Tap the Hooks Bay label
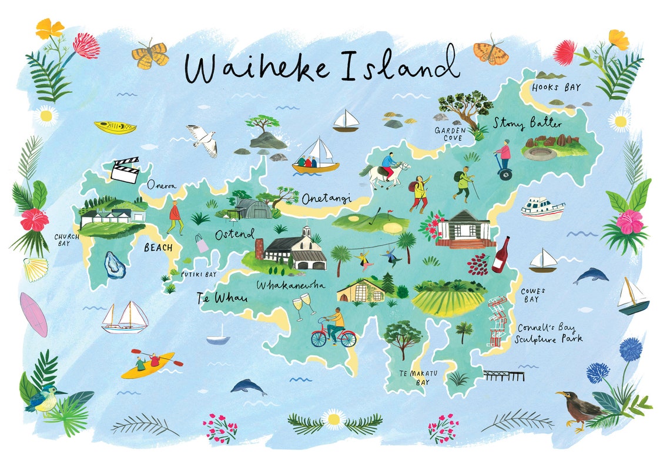pyautogui.click(x=555, y=88)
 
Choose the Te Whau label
pyautogui.click(x=222, y=299)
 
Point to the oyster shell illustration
pyautogui.click(x=115, y=265)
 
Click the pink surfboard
pyautogui.click(x=33, y=315)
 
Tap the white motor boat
pyautogui.click(x=542, y=208)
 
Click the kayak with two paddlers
pyautogui.click(x=148, y=365)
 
